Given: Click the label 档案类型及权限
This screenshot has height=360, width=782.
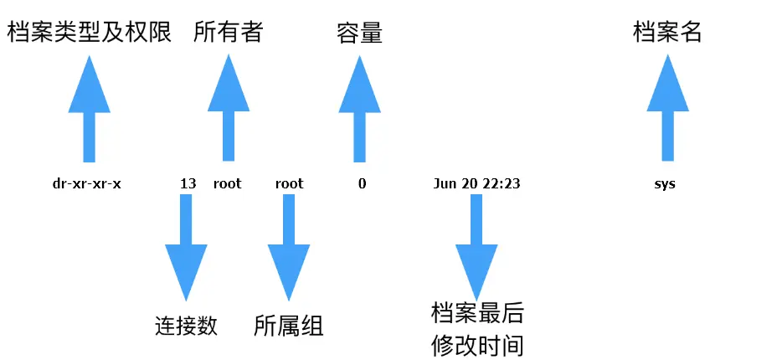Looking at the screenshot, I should pos(90,33).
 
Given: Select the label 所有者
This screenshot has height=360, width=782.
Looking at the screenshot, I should pos(228,33).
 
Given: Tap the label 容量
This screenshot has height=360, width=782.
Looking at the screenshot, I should pos(359,33).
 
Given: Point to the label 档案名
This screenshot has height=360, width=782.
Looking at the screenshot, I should pos(666,33).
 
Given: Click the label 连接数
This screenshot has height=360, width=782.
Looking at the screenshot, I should pos(186,326).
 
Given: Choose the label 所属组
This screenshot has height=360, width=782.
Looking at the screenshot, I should pos(288,326).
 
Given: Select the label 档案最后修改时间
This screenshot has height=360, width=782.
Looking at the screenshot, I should pos(477,329).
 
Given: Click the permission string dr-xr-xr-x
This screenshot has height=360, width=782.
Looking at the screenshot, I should pos(87,183).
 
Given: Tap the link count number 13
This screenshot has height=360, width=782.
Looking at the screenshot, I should pos(188,183).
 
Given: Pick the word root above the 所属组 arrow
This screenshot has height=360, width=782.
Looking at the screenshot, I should pos(289,183).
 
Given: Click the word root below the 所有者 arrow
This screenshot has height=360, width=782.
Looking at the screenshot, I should pos(227,183).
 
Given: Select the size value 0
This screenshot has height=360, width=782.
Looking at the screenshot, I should pos(362,183).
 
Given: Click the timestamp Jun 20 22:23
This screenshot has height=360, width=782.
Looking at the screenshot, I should pos(477,183).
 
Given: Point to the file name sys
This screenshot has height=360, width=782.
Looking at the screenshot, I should pos(666,183).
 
